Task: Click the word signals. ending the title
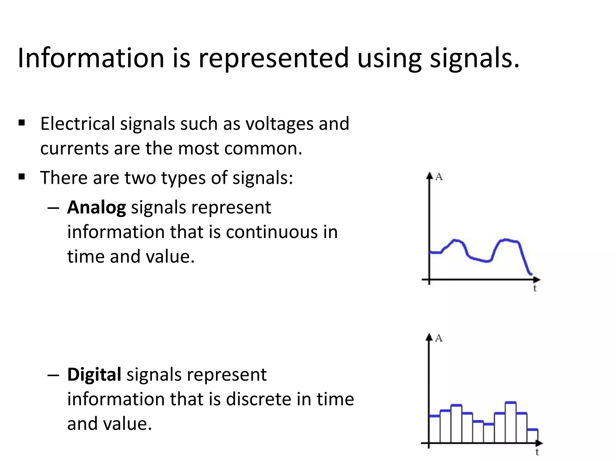[x=474, y=59]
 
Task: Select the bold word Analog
[x=96, y=208]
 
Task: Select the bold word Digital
[x=94, y=375]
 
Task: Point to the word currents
[x=74, y=149]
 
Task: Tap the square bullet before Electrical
[x=22, y=123]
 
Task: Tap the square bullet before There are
[x=22, y=177]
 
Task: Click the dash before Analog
[x=53, y=208]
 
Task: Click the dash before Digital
[x=53, y=375]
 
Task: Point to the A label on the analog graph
[x=439, y=177]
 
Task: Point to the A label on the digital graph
[x=439, y=338]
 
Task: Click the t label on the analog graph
[x=535, y=289]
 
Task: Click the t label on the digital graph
[x=537, y=452]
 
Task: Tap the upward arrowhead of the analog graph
[x=429, y=176]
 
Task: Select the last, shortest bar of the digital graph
[x=532, y=436]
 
